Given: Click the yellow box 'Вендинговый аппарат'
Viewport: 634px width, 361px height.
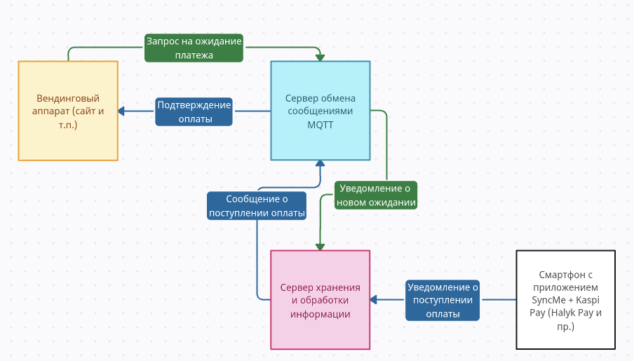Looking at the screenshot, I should [x=67, y=111].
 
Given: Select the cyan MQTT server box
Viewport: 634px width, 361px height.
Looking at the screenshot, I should [x=321, y=110].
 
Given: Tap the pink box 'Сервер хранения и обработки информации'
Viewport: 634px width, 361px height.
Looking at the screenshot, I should [x=321, y=299].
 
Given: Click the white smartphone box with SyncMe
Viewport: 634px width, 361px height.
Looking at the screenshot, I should [x=565, y=299].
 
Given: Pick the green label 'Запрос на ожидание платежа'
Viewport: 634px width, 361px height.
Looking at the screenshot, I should [x=194, y=48].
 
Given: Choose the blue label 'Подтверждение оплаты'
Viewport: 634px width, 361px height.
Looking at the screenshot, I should [x=194, y=111].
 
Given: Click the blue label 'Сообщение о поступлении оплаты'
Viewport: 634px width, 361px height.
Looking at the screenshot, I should [x=257, y=206].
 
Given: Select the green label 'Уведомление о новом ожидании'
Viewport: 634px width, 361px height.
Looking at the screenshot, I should [x=376, y=196].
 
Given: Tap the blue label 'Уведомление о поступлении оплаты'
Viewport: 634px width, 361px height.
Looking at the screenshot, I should [x=443, y=300].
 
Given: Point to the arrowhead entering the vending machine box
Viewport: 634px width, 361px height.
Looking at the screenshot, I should [x=121, y=111].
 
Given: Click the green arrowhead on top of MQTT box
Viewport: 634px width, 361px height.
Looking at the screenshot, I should [x=321, y=57].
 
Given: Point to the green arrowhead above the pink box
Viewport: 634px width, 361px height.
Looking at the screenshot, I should [x=321, y=246].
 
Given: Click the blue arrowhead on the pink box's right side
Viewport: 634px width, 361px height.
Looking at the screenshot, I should [x=374, y=300].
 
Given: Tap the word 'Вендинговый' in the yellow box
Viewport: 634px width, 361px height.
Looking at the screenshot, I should [x=67, y=98].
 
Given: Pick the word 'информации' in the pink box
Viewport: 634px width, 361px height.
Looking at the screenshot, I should [x=321, y=313].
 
